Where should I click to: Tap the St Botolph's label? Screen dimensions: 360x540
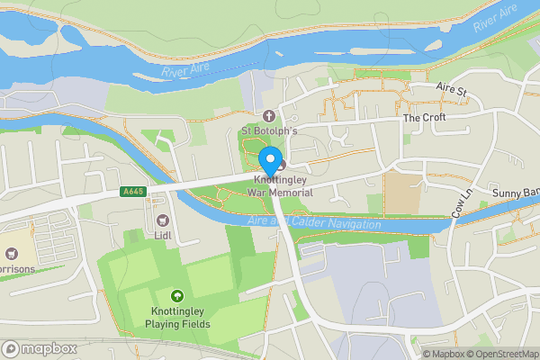click(268, 131)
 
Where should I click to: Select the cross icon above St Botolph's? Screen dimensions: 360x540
click(268, 116)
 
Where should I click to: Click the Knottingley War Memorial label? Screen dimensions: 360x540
click(277, 186)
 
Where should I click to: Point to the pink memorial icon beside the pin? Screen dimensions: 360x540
click(281, 165)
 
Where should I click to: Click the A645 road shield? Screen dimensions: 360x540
click(132, 192)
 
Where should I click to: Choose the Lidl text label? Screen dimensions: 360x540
click(163, 235)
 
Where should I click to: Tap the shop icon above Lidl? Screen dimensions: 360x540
click(163, 220)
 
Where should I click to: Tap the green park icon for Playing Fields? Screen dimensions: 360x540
click(176, 295)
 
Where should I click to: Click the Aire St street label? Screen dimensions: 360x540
click(453, 91)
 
